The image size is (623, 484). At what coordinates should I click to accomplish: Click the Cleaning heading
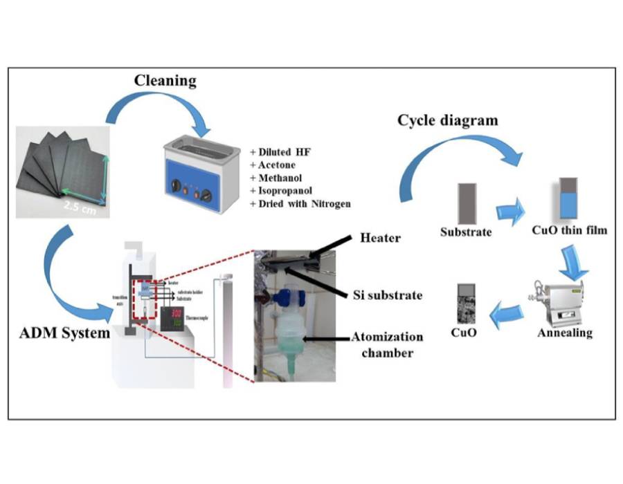tap(165, 80)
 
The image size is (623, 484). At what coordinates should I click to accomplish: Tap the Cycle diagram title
tap(447, 120)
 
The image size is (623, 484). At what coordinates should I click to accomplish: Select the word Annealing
tap(565, 333)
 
